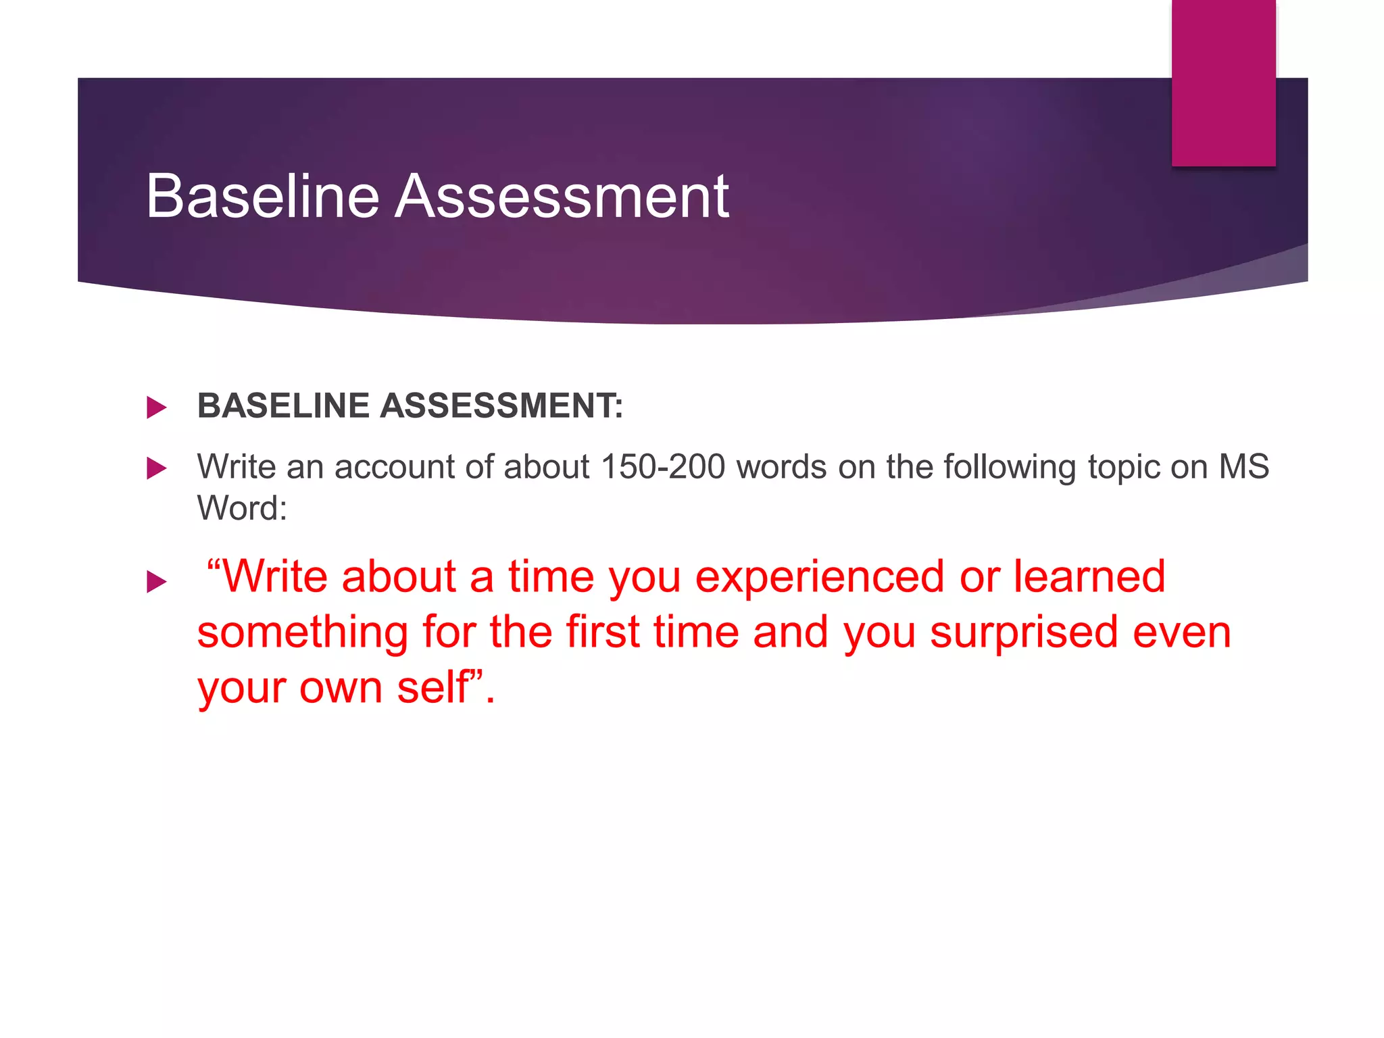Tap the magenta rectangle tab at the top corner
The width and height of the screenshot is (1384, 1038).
coord(1223,82)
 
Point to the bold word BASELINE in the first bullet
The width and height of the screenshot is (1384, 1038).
coord(284,406)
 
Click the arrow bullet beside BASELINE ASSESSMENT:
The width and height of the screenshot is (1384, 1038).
coord(156,407)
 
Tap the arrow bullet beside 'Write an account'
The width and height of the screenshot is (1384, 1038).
coord(156,468)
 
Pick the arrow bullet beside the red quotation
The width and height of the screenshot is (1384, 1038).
coord(156,581)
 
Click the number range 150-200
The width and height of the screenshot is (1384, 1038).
coord(662,467)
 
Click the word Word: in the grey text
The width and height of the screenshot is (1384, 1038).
coord(242,508)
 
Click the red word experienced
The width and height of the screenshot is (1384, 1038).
coord(820,578)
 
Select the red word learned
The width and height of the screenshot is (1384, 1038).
coord(1089,577)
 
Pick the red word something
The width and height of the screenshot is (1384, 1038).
coord(303,634)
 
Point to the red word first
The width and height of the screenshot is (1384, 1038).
coord(602,633)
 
